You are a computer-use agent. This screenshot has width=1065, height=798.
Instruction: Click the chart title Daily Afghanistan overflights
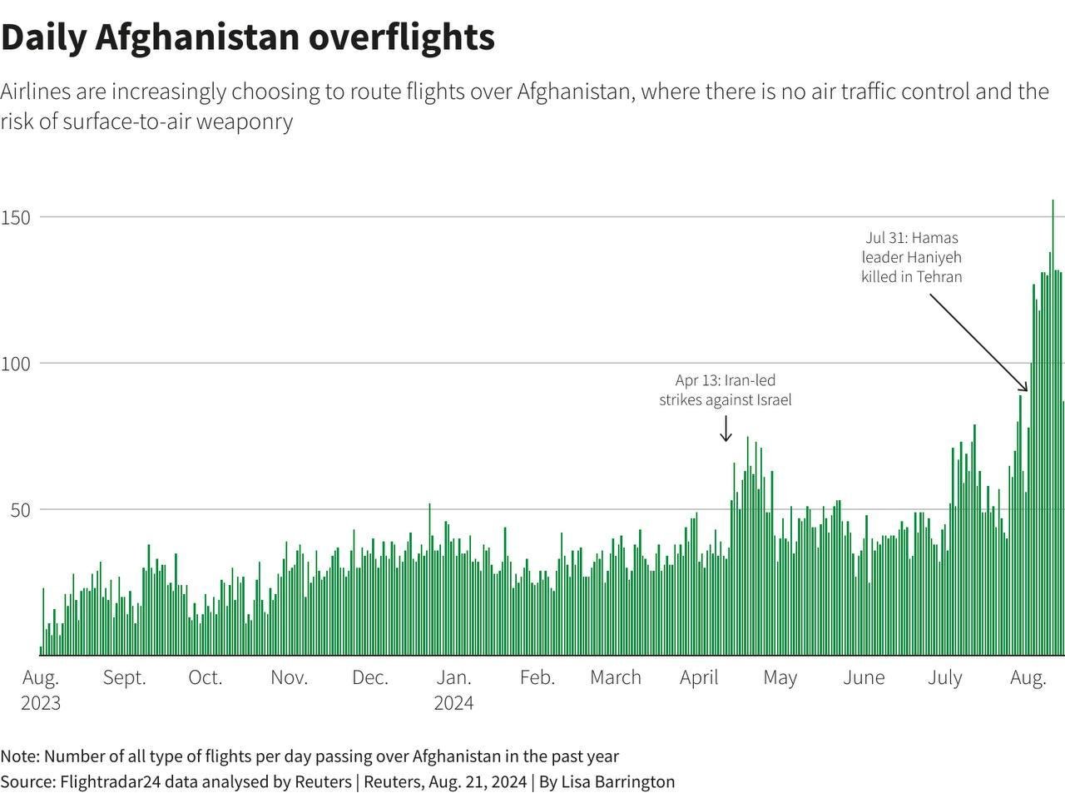248,37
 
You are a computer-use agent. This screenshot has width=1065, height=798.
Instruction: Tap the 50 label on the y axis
20,510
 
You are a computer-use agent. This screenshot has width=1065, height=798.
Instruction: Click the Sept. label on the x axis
124,677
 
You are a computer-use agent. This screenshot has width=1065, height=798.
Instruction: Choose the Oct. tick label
206,677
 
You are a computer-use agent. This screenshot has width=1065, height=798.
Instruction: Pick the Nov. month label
289,677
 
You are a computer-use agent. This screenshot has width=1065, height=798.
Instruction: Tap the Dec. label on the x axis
370,677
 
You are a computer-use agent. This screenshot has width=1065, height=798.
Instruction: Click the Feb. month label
537,677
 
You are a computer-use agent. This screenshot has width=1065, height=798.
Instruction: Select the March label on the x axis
616,677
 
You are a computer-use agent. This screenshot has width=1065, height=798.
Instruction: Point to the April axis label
699,677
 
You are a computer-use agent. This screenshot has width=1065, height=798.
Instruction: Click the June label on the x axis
864,677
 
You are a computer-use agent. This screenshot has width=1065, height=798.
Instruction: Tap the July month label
945,677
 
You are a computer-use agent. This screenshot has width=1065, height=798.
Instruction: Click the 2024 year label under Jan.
453,703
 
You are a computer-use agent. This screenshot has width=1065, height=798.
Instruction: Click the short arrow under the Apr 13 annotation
726,429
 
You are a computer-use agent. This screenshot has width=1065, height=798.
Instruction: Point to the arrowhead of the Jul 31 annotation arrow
1026,389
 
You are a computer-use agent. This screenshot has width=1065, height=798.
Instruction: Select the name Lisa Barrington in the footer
617,781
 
